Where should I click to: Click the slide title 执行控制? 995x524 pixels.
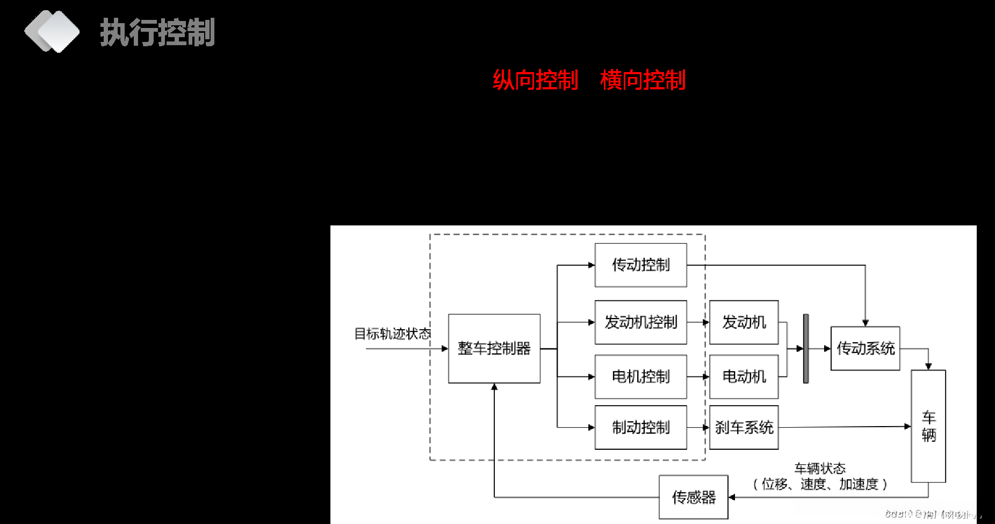point(157,32)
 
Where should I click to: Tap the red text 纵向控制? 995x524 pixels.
point(535,80)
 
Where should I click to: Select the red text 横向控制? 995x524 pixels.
point(643,80)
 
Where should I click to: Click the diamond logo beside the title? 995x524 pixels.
point(52,32)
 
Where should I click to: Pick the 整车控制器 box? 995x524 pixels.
point(494,349)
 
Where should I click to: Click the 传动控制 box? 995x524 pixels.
point(641,265)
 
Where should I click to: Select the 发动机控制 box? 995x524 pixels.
point(641,322)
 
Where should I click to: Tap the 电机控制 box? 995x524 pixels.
point(641,377)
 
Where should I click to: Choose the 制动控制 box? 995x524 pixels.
point(641,427)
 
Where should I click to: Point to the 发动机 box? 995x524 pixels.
point(744,322)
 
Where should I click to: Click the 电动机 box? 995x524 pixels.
point(744,377)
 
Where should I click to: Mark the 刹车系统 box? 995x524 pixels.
point(744,427)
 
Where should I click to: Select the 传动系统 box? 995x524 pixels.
point(866,349)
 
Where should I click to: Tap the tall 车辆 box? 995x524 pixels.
point(928,426)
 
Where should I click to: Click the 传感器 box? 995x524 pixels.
point(694,497)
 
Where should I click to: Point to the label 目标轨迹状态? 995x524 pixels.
point(393,334)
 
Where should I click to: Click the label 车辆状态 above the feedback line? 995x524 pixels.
point(820,468)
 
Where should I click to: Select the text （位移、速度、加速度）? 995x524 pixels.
point(820,484)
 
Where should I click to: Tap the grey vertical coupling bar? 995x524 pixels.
point(806,349)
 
